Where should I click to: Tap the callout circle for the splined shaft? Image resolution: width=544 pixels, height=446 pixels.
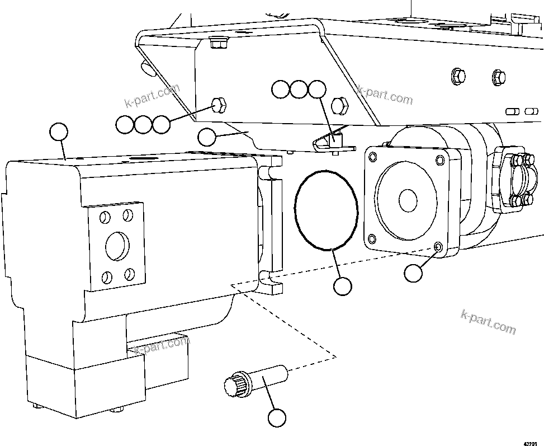(x=277, y=417)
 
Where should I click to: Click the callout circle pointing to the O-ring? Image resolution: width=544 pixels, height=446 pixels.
(x=342, y=286)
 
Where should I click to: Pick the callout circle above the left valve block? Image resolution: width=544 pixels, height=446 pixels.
(x=59, y=132)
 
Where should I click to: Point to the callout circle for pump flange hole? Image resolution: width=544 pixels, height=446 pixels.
(x=413, y=273)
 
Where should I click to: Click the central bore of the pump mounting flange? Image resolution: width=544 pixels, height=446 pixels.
(x=407, y=199)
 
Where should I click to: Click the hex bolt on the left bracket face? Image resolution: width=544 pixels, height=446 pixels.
(x=219, y=104)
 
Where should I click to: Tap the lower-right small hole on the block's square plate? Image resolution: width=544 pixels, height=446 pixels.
(x=130, y=274)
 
